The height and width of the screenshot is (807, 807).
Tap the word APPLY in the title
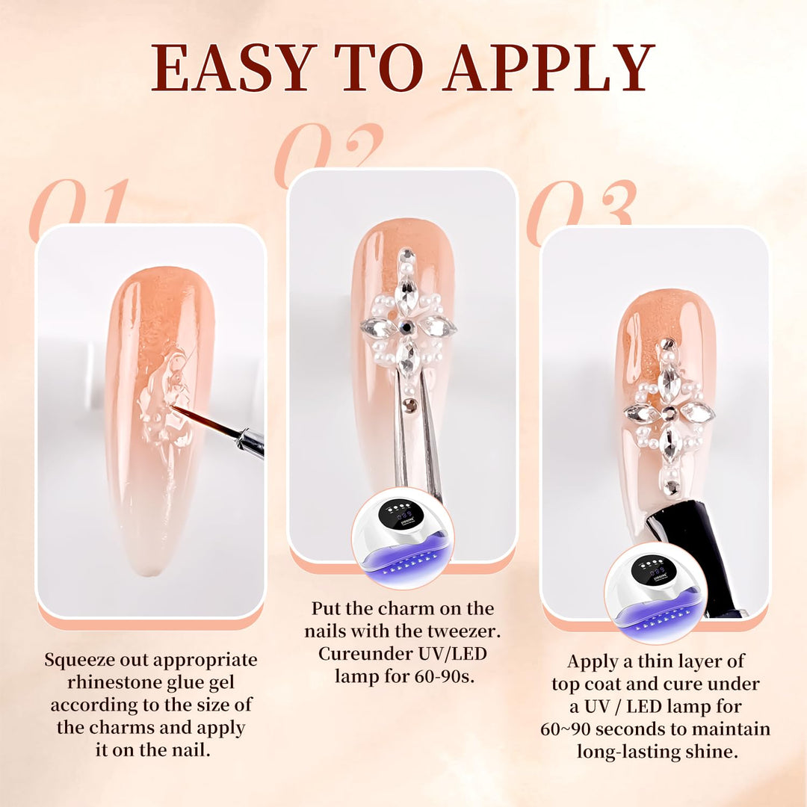click(x=551, y=67)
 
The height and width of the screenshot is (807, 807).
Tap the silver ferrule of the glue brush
click(x=251, y=442)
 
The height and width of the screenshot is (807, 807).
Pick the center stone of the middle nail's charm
click(x=407, y=326)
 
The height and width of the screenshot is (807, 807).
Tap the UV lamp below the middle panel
click(x=403, y=538)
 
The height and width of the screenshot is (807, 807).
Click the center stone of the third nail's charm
click(x=669, y=412)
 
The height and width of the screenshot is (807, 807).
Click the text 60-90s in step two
click(x=445, y=675)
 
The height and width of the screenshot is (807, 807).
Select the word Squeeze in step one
click(x=78, y=661)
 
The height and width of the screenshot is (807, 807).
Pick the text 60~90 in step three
click(x=565, y=729)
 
